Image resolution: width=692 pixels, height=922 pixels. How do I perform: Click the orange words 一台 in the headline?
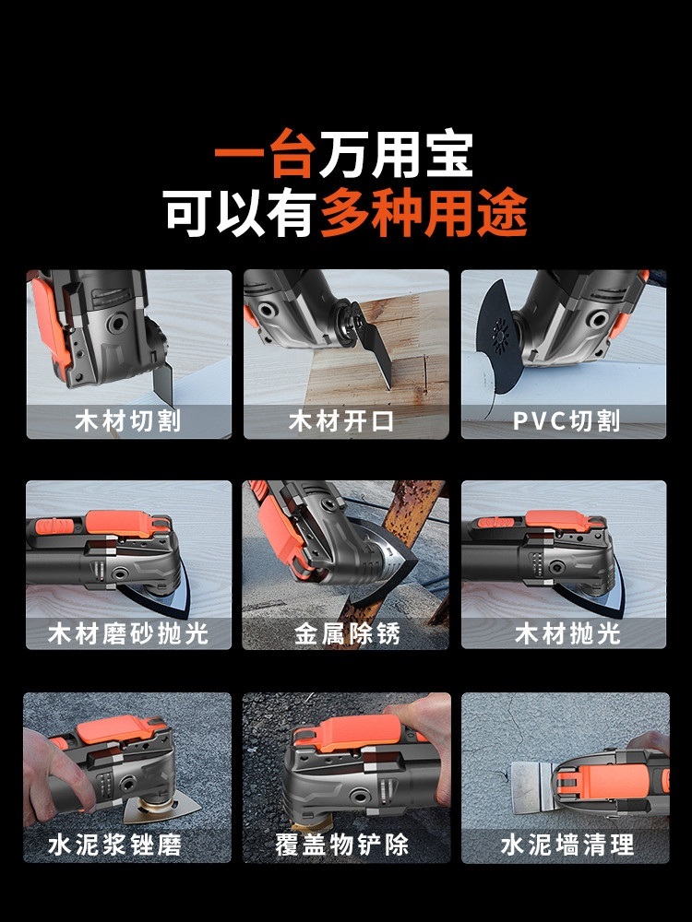click(263, 154)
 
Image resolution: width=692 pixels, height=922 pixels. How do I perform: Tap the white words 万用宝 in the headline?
click(396, 154)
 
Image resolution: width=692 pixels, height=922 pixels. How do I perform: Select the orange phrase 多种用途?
click(424, 212)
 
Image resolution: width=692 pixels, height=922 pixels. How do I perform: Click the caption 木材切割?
click(127, 421)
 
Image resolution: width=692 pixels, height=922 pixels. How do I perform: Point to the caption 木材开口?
click(341, 421)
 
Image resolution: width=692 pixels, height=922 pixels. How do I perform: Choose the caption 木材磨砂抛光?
click(128, 634)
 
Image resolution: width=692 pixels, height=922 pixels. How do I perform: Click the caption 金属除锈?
click(347, 634)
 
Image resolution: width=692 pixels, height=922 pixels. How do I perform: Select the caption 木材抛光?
click(567, 634)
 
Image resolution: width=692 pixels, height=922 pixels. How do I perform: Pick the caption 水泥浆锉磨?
click(115, 845)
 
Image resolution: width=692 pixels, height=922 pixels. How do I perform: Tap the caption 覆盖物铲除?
click(342, 845)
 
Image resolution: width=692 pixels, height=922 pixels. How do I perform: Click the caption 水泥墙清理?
click(567, 845)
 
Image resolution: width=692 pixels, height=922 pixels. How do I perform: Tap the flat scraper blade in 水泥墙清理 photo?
click(531, 786)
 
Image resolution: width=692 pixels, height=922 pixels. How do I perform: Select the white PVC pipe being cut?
click(480, 383)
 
